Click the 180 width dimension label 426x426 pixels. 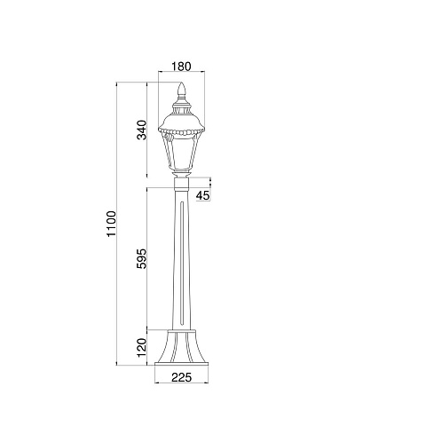(181, 67)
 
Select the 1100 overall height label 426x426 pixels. (112, 224)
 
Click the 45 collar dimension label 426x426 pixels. (203, 195)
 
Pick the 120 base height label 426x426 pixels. (142, 348)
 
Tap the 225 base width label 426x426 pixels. (182, 377)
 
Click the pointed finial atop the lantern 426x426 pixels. (181, 91)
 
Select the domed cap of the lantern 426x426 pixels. (181, 117)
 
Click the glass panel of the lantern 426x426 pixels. (181, 154)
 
